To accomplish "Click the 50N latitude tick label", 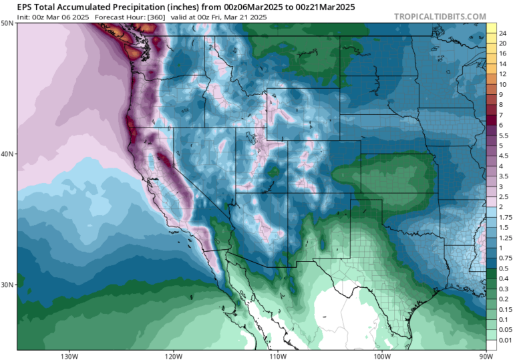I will [8, 23].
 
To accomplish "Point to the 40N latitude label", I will [8, 154].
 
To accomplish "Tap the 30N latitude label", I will [8, 285].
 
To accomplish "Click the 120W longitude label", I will [173, 355].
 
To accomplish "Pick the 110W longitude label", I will [277, 355].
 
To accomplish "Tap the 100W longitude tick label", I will [381, 355].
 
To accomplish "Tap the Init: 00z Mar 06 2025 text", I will [46, 16].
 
